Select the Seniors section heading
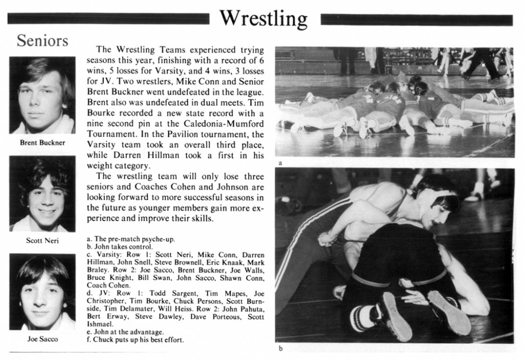coord(42,40)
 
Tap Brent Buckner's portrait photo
coord(42,96)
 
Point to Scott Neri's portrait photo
coord(42,194)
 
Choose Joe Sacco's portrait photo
coord(42,291)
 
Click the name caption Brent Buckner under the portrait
coord(42,143)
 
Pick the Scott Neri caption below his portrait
coord(42,240)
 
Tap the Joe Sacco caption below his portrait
coord(42,339)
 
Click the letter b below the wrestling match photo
coord(280,349)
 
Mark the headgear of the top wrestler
coord(435,197)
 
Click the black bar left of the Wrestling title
coord(108,19)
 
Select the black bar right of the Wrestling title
coord(416,20)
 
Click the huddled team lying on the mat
coord(394,105)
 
